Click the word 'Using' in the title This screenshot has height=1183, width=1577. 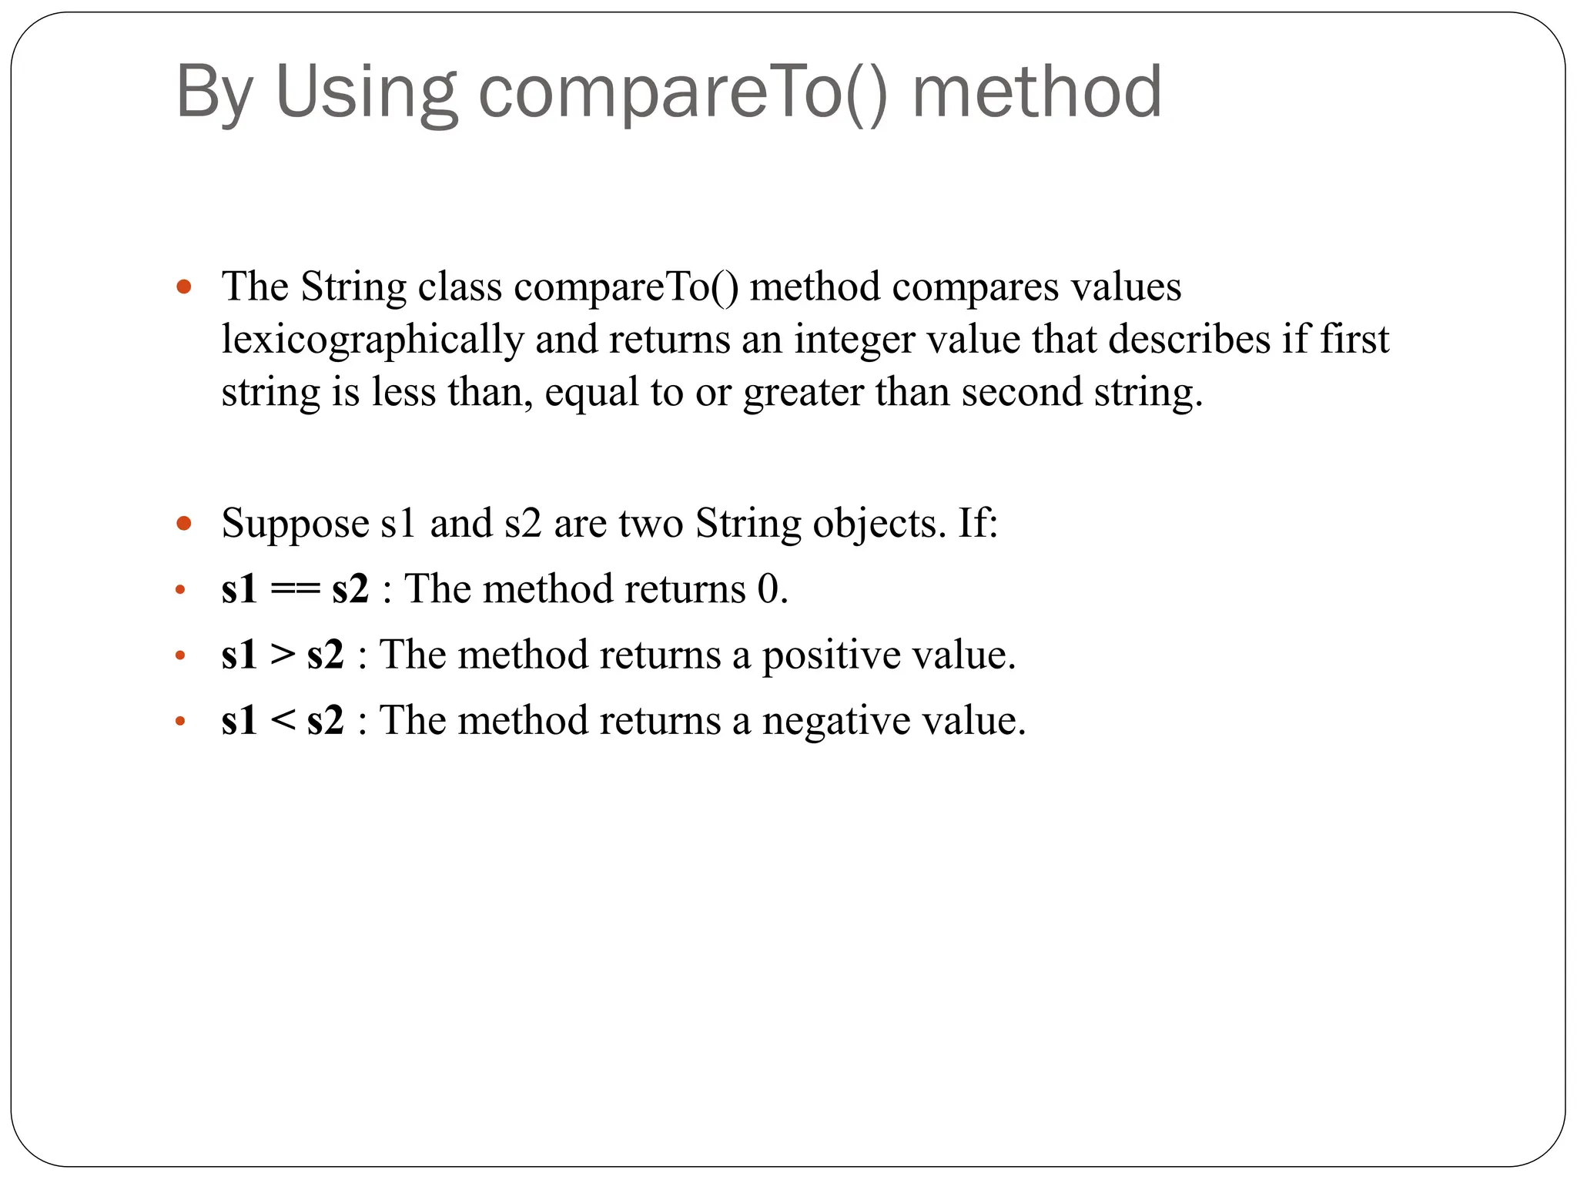click(x=366, y=92)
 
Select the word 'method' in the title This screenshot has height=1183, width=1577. click(x=1036, y=92)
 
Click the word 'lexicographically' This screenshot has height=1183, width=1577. click(x=373, y=340)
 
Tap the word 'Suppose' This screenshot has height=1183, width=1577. click(x=295, y=524)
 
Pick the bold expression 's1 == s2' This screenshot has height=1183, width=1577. click(x=295, y=589)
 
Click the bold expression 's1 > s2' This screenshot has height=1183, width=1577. click(x=283, y=655)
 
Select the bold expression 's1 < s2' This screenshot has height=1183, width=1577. click(x=283, y=721)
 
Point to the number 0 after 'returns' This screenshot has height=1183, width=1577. click(x=768, y=589)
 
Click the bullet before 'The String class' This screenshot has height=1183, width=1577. click(x=183, y=288)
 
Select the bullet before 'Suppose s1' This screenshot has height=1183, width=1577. click(x=183, y=524)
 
